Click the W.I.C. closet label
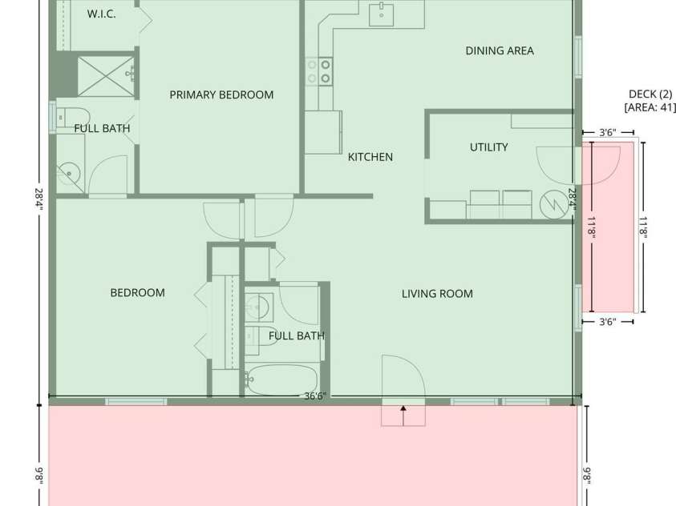click(x=101, y=14)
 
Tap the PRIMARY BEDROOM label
click(x=221, y=94)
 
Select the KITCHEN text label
click(x=370, y=157)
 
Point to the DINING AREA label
click(x=500, y=50)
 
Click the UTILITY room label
click(x=488, y=147)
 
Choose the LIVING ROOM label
click(x=437, y=294)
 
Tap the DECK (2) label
click(x=650, y=94)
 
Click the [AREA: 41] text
click(x=650, y=106)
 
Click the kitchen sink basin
click(x=382, y=14)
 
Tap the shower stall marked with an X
click(x=103, y=76)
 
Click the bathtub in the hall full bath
click(x=280, y=380)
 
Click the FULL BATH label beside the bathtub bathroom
click(x=296, y=335)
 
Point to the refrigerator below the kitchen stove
click(x=322, y=131)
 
